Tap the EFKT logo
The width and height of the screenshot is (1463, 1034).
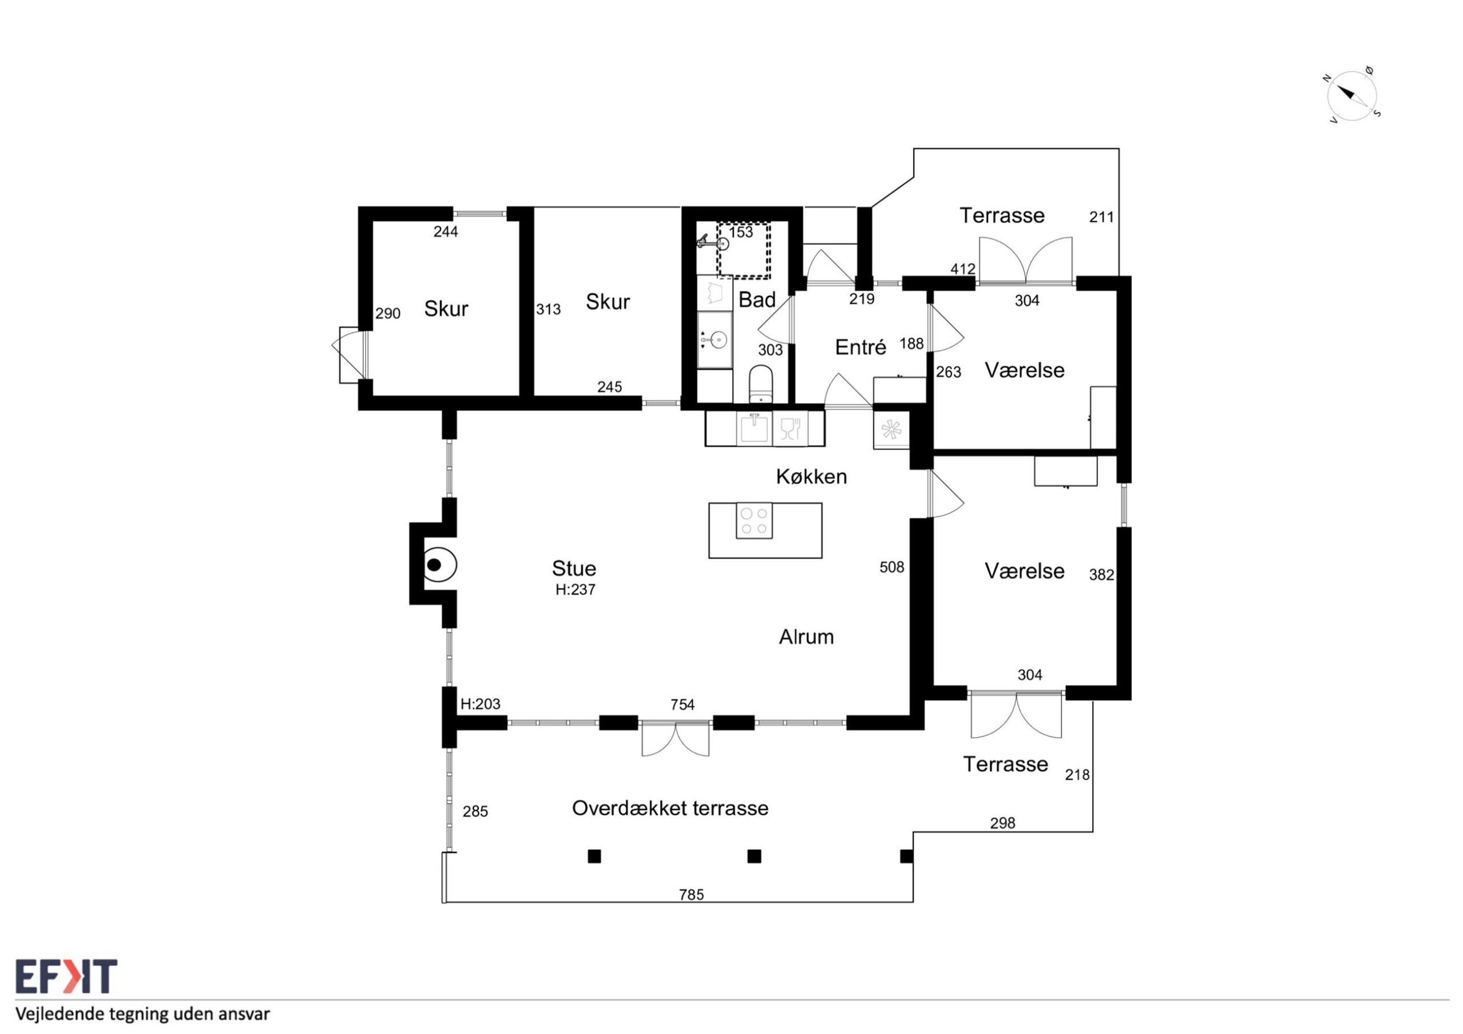(x=66, y=977)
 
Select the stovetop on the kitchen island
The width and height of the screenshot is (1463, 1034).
(x=754, y=520)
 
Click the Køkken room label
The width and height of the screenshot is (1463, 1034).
(x=811, y=476)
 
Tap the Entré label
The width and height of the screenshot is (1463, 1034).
(x=860, y=347)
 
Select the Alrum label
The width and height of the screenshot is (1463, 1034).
(x=806, y=636)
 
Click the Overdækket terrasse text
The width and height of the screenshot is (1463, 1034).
(x=670, y=808)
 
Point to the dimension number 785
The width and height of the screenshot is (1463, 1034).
(x=691, y=895)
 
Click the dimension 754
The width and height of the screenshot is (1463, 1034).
(x=682, y=704)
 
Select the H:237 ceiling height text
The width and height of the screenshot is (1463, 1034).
(x=575, y=590)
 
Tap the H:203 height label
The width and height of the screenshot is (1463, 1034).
(x=481, y=704)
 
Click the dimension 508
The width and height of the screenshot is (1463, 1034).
(x=892, y=567)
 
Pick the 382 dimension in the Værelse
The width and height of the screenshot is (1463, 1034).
(x=1101, y=575)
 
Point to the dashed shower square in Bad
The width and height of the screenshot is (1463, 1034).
(x=744, y=250)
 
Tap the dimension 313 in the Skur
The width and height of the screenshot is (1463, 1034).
(x=548, y=309)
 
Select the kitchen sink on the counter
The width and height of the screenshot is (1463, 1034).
(x=754, y=428)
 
